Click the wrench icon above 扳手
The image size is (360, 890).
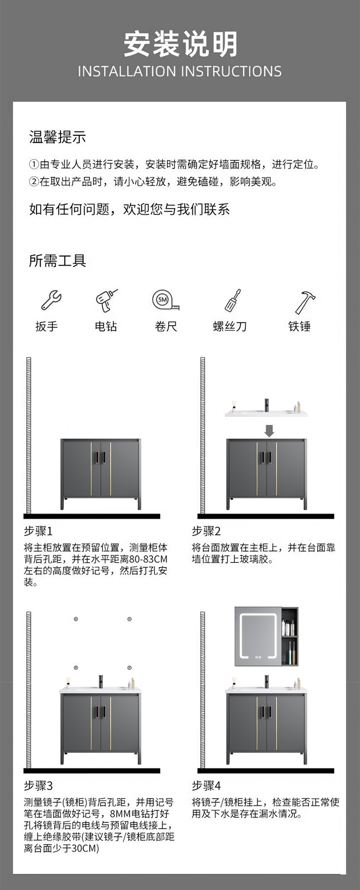(51, 301)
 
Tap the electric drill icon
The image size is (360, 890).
(106, 300)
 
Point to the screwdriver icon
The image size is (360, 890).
(232, 300)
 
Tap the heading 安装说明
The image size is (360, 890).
(180, 44)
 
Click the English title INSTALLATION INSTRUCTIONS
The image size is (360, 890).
(180, 72)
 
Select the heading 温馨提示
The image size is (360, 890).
(57, 137)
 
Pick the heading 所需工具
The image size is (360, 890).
(57, 261)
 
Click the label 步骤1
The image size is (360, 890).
(38, 531)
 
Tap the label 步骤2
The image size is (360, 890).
(206, 531)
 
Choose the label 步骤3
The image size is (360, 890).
(38, 786)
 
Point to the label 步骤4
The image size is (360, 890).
(206, 786)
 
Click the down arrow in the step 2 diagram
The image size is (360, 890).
(269, 430)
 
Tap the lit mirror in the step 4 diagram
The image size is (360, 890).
(258, 636)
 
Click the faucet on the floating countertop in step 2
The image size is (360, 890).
(267, 405)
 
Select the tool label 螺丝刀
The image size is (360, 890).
(230, 327)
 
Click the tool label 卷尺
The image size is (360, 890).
(165, 327)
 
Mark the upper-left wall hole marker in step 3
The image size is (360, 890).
(76, 619)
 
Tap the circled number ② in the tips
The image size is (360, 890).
(34, 182)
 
